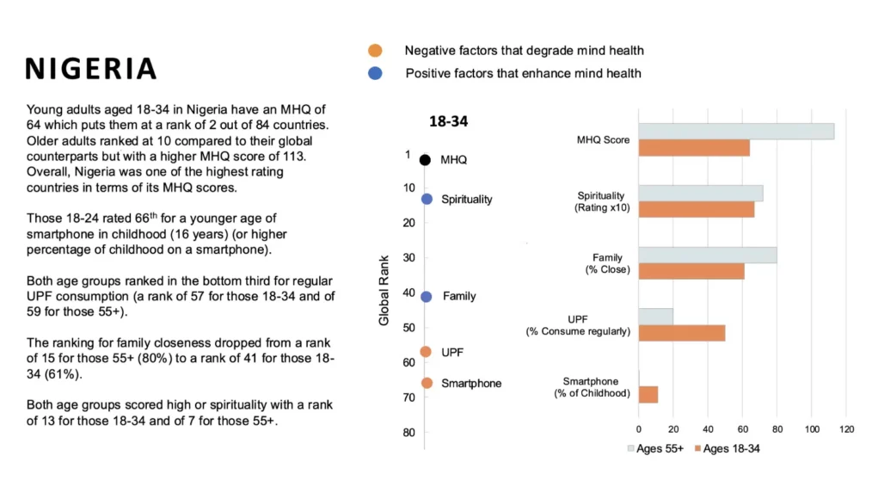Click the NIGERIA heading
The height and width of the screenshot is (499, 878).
91,69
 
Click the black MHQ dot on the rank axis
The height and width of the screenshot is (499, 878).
425,160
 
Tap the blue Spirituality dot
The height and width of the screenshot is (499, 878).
426,199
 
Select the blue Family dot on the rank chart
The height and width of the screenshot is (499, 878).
426,296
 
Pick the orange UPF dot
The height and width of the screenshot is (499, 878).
426,352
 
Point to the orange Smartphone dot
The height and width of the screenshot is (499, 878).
427,383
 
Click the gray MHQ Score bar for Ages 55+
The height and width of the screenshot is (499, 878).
736,132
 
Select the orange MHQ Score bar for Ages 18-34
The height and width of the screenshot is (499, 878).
694,148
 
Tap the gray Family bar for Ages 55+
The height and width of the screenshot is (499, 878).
707,256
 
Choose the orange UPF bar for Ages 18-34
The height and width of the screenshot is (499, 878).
681,333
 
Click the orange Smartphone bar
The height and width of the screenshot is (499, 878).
648,395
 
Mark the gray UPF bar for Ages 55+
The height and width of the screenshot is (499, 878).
655,317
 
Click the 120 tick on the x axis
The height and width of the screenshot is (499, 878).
846,428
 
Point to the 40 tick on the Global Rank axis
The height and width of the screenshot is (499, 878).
408,293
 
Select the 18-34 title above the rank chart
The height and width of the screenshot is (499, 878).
448,122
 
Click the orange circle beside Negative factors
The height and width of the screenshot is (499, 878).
375,51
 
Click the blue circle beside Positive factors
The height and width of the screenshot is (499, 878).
375,74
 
